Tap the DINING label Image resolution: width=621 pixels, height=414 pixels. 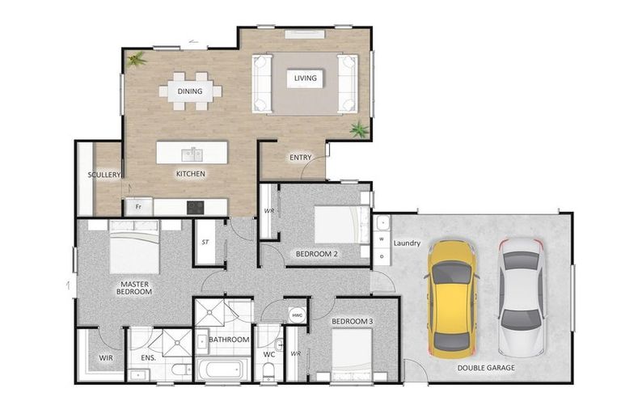[x=190, y=91]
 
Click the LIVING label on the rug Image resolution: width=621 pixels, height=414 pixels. [x=305, y=78]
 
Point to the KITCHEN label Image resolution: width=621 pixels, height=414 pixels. [x=191, y=174]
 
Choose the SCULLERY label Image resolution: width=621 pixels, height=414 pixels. [x=104, y=175]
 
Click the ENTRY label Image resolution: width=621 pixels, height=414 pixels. [x=300, y=157]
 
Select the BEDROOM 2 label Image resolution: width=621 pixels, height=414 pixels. [x=316, y=253]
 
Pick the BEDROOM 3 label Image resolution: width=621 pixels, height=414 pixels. [x=352, y=323]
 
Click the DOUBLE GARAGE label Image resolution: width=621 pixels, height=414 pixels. [x=487, y=367]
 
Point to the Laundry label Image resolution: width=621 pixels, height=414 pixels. [x=407, y=243]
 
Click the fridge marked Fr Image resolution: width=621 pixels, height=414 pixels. [x=138, y=207]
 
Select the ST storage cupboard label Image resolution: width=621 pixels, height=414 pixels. [x=205, y=241]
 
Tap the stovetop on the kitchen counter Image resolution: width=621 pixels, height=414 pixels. [x=196, y=207]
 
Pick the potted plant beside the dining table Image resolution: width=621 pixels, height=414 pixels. [x=137, y=59]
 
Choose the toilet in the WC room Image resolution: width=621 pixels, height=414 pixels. [x=269, y=370]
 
